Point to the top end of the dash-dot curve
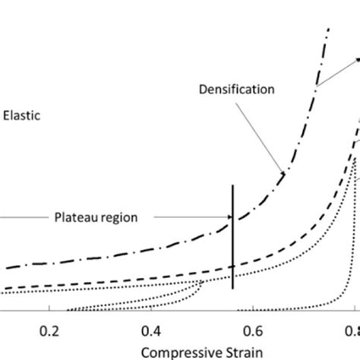pos(329,29)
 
